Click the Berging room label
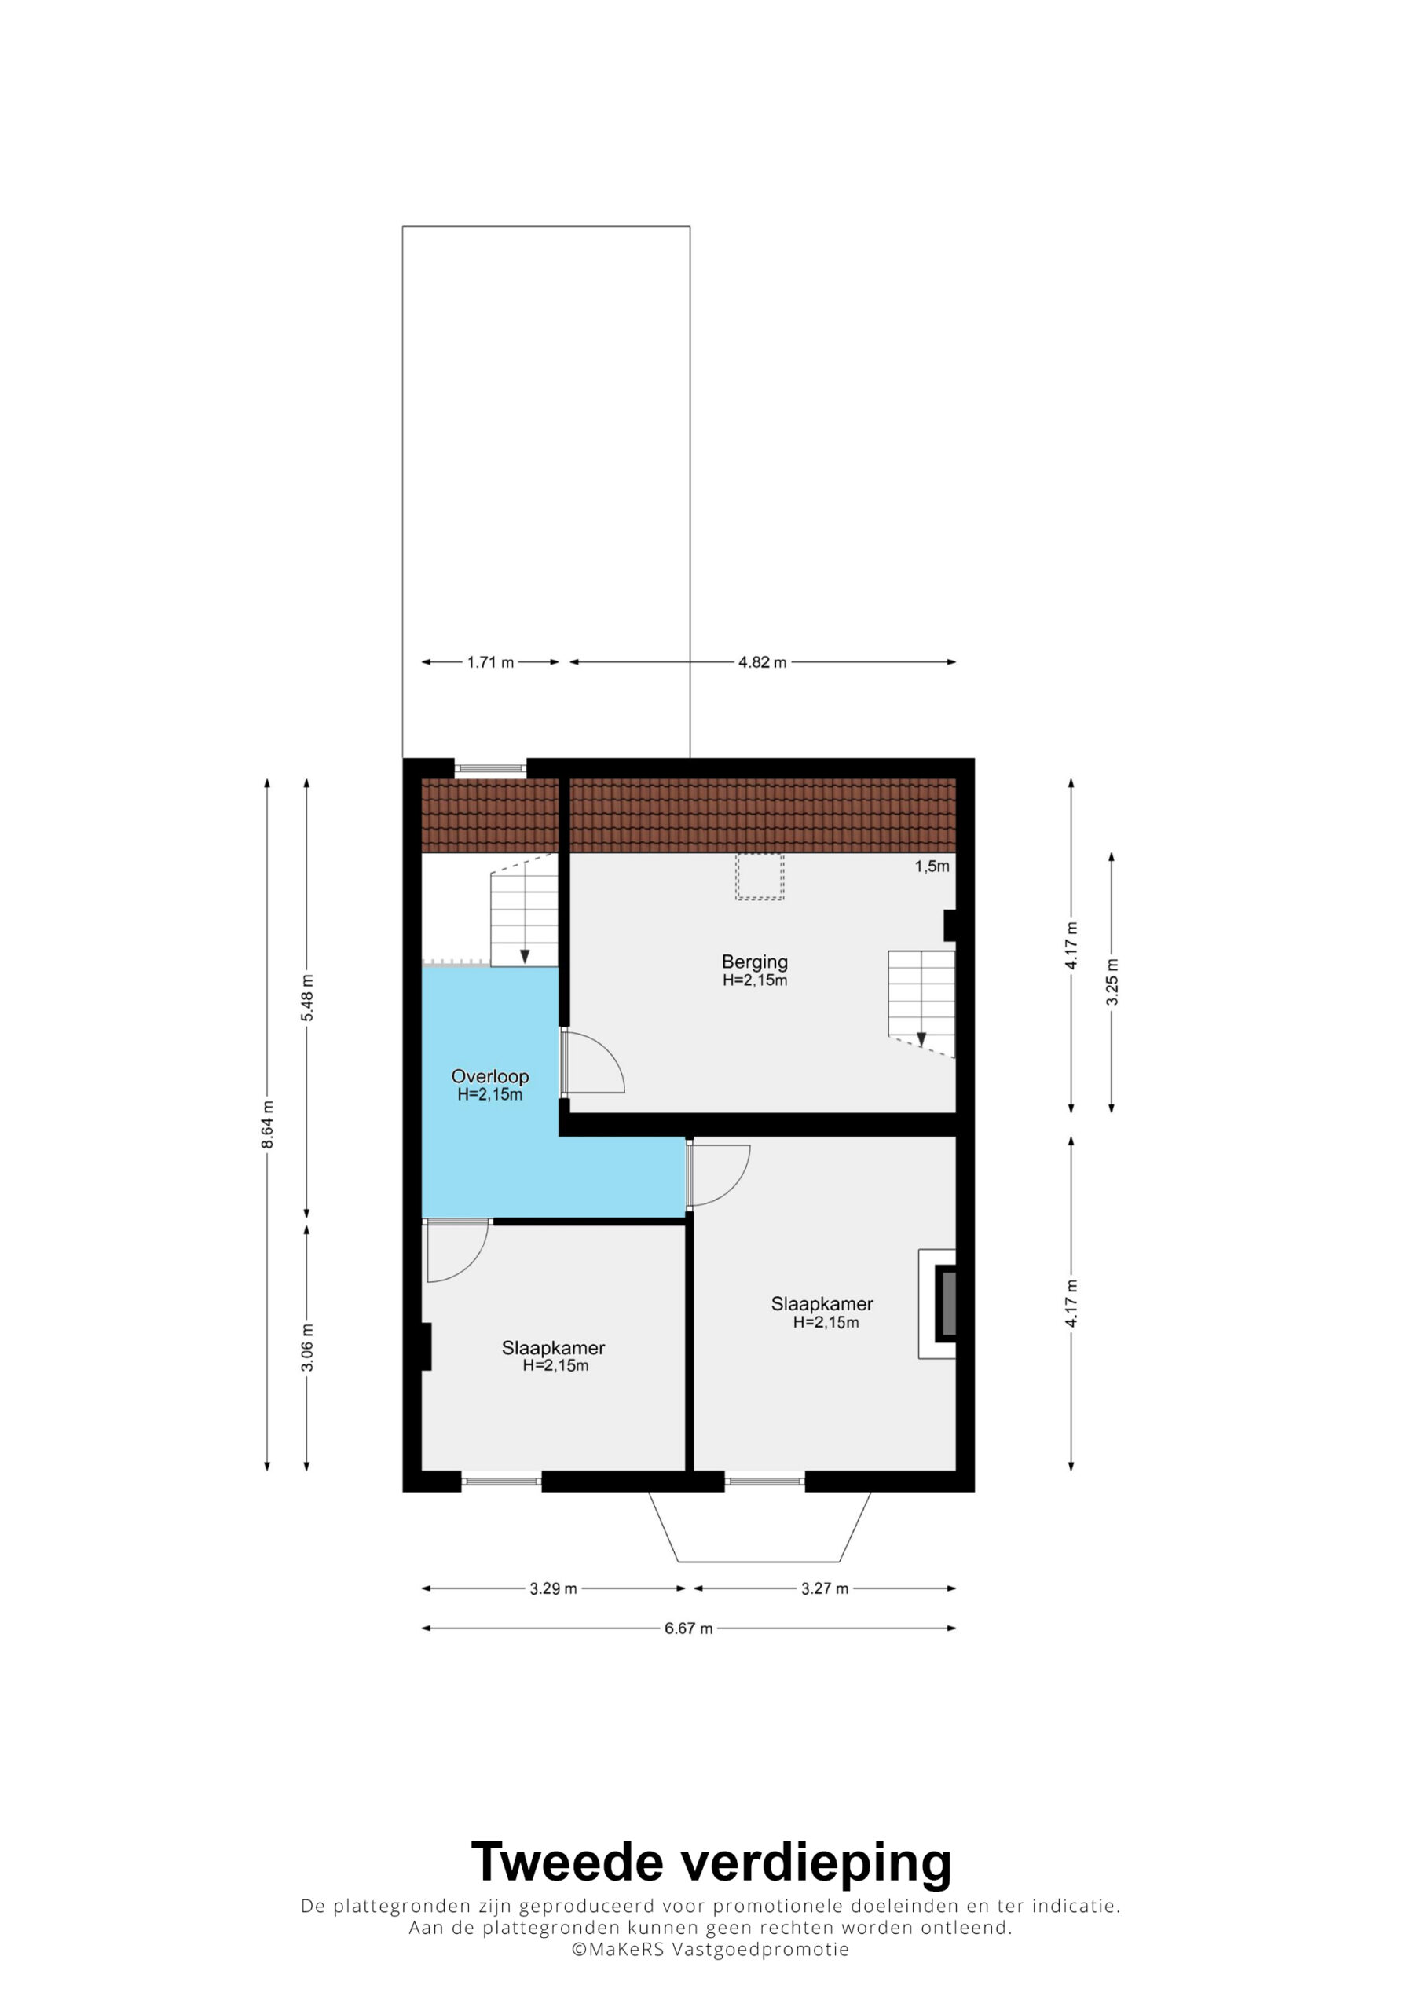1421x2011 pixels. [754, 962]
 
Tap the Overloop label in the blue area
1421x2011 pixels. [489, 1076]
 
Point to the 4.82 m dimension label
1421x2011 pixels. [762, 662]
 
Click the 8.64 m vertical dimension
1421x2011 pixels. [268, 1125]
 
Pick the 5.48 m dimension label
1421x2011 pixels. [307, 998]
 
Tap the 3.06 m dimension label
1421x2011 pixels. [307, 1347]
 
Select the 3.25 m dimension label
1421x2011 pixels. [1112, 982]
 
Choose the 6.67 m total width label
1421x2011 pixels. [689, 1628]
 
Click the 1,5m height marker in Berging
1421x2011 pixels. [932, 866]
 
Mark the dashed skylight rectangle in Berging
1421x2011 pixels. [760, 877]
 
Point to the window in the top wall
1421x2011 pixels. [491, 768]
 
